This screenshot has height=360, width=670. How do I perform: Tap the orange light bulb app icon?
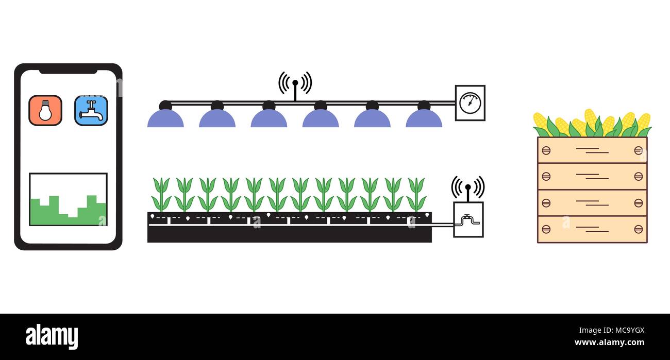tap(45, 110)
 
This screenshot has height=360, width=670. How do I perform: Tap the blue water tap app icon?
tap(91, 110)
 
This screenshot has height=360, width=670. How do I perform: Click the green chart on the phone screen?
tap(68, 211)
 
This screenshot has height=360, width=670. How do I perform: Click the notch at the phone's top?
tap(68, 70)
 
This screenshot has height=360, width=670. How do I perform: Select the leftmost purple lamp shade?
tap(165, 119)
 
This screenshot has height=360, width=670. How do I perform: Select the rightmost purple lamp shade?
tap(424, 119)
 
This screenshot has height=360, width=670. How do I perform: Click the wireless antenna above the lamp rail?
tap(295, 84)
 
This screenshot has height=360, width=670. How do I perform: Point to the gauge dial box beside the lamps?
tap(470, 103)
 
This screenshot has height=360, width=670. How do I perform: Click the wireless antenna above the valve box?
tap(468, 188)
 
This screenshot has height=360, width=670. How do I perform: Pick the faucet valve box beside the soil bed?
tap(468, 220)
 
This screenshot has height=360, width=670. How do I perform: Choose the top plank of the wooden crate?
tap(592, 150)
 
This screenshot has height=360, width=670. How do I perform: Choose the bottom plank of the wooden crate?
tap(592, 229)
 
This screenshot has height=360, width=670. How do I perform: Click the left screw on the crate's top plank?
tap(546, 150)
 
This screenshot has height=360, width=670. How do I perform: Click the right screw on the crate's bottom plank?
tap(638, 229)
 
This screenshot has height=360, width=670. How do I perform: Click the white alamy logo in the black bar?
tap(52, 337)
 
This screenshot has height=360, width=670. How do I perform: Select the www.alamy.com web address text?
tap(609, 342)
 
